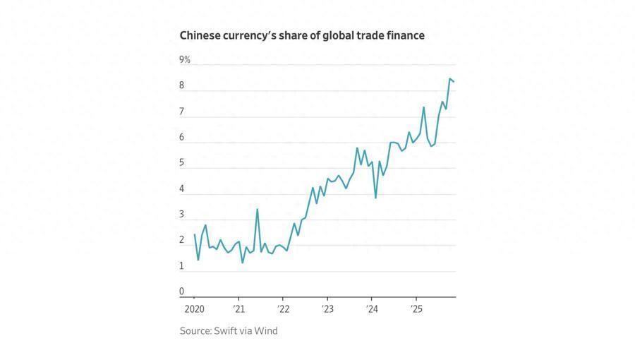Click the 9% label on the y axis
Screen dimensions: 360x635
[185, 60]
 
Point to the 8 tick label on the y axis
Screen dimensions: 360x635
[181, 86]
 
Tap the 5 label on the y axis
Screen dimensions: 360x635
[181, 163]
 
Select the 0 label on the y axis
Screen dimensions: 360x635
[181, 292]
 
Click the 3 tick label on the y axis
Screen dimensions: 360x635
[181, 215]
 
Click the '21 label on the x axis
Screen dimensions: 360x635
[238, 309]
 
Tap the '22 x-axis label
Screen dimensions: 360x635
[283, 309]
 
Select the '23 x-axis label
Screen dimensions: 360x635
[327, 309]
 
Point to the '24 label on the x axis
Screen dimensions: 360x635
[372, 309]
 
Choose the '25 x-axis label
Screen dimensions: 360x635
[416, 309]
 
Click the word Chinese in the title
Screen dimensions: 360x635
[201, 35]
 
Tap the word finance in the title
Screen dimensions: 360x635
[405, 35]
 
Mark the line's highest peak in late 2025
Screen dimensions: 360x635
[449, 79]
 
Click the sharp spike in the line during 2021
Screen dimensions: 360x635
[257, 209]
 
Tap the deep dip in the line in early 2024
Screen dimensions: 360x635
[375, 197]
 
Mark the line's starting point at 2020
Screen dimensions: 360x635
[194, 235]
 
